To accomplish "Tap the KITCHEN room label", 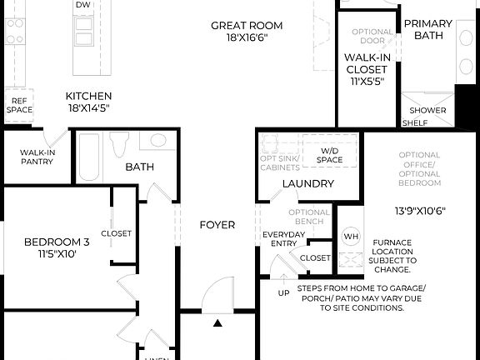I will pyautogui.click(x=88, y=96).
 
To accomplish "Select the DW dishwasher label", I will pyautogui.click(x=82, y=5).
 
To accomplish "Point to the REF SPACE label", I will pyautogui.click(x=19, y=105).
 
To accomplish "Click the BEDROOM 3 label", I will pyautogui.click(x=56, y=242).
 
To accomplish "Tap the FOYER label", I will pyautogui.click(x=217, y=225).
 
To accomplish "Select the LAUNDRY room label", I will pyautogui.click(x=307, y=183).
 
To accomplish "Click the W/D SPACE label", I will pyautogui.click(x=329, y=155).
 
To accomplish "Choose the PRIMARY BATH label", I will pyautogui.click(x=428, y=30).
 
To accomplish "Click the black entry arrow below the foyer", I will pyautogui.click(x=217, y=322).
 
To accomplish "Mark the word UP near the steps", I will pyautogui.click(x=284, y=293).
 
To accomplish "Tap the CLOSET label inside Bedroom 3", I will pyautogui.click(x=117, y=233).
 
